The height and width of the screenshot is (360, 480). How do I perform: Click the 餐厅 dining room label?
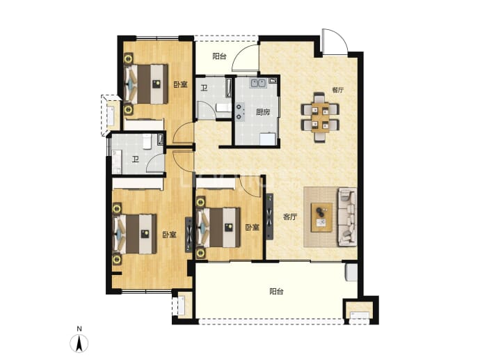337,90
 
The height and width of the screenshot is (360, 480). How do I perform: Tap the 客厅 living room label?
290,217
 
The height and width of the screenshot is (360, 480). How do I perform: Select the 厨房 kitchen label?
263,112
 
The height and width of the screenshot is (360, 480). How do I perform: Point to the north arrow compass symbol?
79,343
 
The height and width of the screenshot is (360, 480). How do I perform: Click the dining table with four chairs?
320,118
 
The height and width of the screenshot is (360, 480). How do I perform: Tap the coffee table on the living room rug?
321,217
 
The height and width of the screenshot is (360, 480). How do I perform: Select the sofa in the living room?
347,217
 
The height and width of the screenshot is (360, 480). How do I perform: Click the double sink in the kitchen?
258,83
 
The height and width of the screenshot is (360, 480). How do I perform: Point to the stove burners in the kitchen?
239,111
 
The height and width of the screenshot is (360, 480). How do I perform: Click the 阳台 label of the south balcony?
276,291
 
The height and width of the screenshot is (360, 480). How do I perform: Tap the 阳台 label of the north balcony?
219,56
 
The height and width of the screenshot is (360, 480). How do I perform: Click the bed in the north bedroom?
145,84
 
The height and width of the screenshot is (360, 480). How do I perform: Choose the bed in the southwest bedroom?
135,234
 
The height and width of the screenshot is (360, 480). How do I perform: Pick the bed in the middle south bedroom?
218,227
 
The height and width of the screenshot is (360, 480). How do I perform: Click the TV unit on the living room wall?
269,217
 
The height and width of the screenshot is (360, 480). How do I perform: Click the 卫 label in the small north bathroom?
204,88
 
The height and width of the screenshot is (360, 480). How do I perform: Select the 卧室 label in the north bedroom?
180,84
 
